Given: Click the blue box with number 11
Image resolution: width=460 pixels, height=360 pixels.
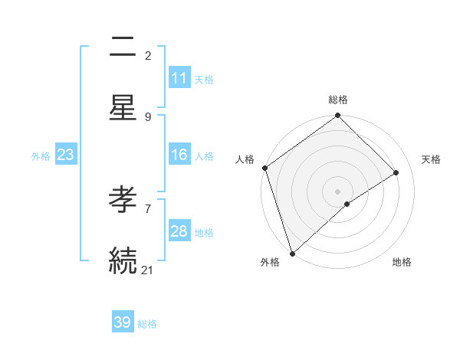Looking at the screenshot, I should tap(179, 78).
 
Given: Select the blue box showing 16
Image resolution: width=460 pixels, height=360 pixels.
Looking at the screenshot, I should tap(179, 155).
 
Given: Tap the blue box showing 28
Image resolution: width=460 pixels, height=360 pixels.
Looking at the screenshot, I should tap(179, 231).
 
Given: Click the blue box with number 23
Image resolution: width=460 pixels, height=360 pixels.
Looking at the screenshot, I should tap(66, 155).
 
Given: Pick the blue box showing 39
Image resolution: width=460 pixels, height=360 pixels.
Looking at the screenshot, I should tap(123, 322).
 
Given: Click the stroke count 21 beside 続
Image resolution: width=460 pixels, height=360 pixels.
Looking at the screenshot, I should tap(148, 270).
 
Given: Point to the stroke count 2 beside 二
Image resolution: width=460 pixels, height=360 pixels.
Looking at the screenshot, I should tap(148, 55).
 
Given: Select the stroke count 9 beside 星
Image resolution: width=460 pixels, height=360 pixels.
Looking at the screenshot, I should tap(148, 116).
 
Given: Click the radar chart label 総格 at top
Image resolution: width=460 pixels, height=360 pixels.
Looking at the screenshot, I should tap(338, 100).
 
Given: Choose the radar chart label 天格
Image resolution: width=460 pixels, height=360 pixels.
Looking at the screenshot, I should tap(431, 159).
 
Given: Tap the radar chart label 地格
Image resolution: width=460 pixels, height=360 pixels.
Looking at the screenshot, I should tap(402, 262).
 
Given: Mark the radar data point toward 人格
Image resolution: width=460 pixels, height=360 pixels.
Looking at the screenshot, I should tap(264, 168).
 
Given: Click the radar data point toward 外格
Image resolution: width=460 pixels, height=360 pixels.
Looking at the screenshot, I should tap(291, 253).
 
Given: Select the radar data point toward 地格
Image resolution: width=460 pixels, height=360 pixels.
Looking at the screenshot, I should tap(347, 204).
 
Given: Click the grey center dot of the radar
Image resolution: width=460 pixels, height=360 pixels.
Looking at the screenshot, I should tap(338, 191).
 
